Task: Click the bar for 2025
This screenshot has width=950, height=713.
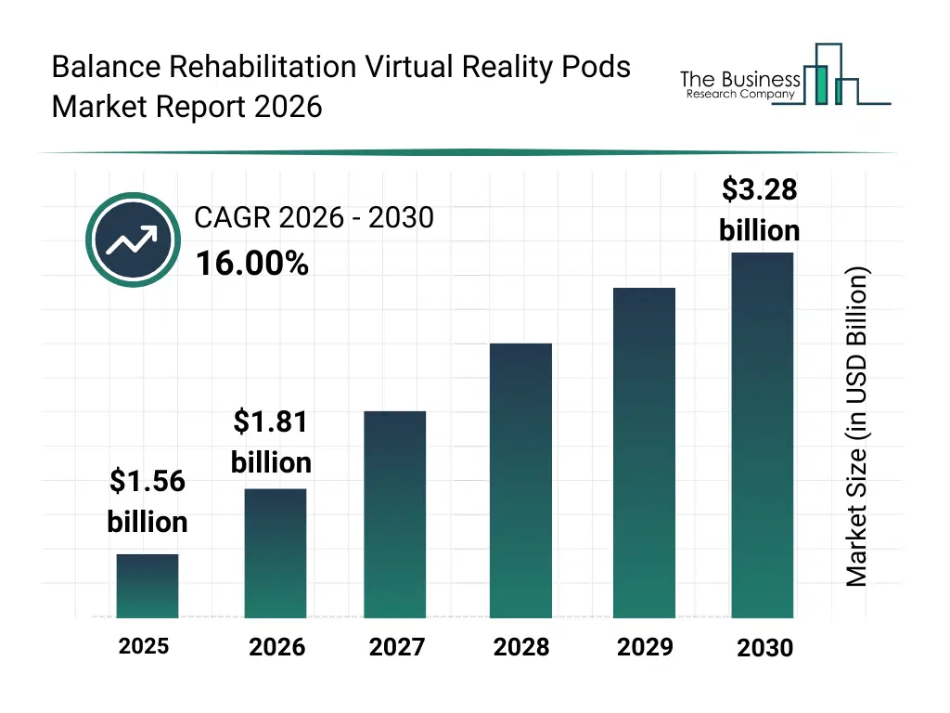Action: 148,586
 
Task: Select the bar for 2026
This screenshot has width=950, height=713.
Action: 275,552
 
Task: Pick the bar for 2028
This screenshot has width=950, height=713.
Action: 520,480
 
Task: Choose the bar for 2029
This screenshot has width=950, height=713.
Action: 644,452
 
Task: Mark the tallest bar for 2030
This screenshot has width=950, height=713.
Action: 763,434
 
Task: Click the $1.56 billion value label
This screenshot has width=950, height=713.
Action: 148,501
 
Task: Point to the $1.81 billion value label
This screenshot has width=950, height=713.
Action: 271,442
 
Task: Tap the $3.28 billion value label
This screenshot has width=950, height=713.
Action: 759,210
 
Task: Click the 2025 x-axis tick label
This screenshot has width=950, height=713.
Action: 144,646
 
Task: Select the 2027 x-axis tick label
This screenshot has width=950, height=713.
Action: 396,647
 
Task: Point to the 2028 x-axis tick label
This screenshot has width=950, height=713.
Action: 520,647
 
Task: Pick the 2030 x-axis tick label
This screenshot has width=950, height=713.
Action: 764,648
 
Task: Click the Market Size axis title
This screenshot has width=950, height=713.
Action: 856,427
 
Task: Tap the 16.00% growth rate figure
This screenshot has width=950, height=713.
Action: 251,265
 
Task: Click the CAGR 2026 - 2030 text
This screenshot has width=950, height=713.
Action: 314,217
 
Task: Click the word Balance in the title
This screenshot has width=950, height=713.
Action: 106,68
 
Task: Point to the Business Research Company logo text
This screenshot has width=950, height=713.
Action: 739,84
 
